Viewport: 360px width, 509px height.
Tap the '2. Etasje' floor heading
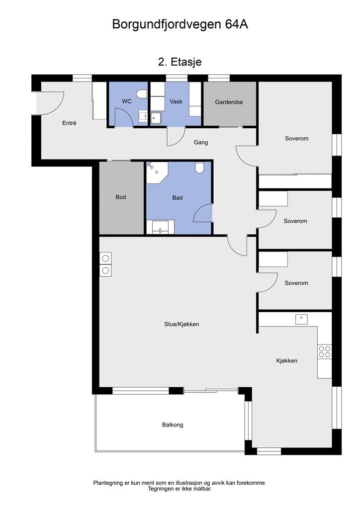tap(180, 62)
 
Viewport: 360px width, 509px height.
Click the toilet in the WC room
tap(142, 94)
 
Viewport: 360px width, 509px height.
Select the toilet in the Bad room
tap(199, 168)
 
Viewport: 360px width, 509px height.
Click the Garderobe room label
tap(229, 102)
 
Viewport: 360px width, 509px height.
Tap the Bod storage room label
tap(121, 197)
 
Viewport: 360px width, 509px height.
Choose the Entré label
tap(69, 123)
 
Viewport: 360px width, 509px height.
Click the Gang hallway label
tap(201, 142)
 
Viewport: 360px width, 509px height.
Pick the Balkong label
tap(173, 424)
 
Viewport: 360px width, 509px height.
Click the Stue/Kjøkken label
tap(181, 324)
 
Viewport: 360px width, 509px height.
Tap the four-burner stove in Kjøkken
tap(325, 351)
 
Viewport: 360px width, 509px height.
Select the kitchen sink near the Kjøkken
tap(301, 319)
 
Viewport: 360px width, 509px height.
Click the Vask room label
tap(176, 101)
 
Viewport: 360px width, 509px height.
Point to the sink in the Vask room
tap(156, 118)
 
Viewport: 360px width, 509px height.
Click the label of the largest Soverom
tap(297, 139)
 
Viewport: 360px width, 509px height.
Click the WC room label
tap(127, 101)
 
